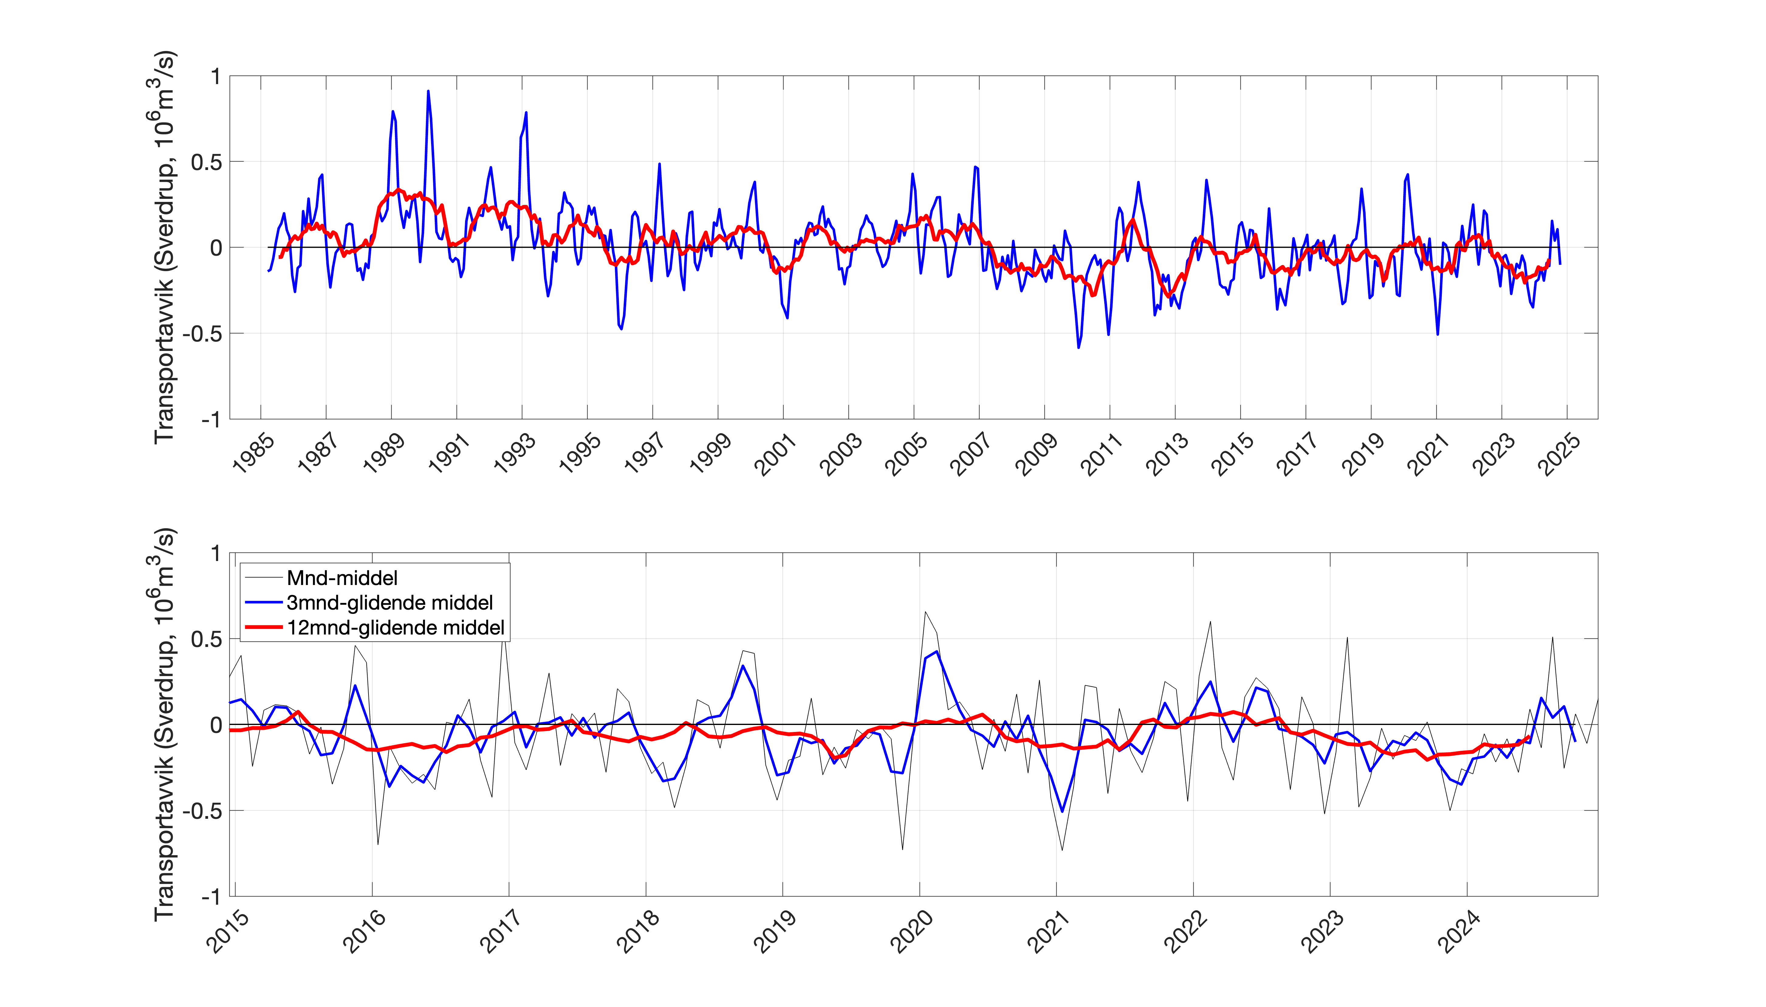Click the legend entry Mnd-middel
point(342,577)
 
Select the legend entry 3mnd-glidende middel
point(389,602)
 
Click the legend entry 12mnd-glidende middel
point(395,627)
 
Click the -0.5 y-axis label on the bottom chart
point(201,811)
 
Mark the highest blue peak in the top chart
point(428,90)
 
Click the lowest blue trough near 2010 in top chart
point(1078,347)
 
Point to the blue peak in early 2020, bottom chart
point(936,651)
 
